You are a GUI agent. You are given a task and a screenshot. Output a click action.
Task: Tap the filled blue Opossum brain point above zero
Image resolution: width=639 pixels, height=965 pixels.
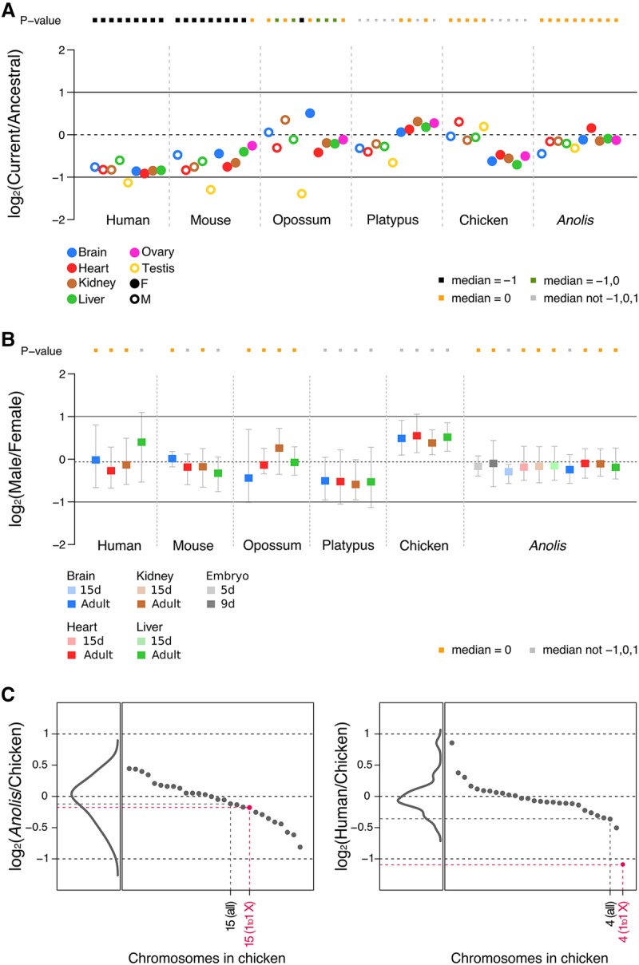pyautogui.click(x=310, y=113)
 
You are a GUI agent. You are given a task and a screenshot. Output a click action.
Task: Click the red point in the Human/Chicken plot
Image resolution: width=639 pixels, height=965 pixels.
pyautogui.click(x=622, y=864)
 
